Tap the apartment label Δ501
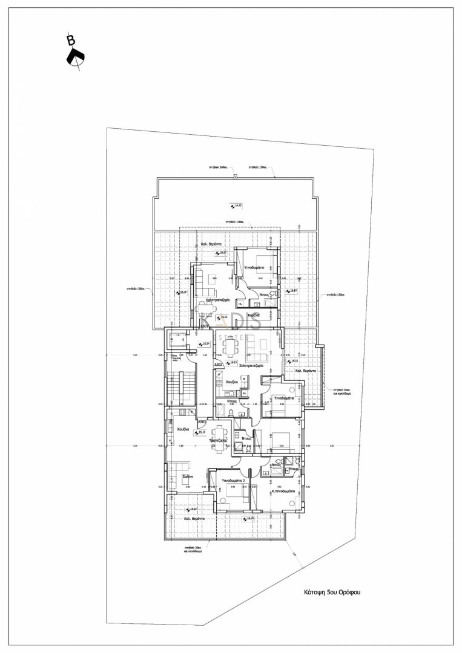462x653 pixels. click(x=205, y=326)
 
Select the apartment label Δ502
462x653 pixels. click(x=219, y=365)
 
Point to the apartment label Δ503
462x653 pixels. click(x=202, y=421)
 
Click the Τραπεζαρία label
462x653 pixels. click(x=217, y=441)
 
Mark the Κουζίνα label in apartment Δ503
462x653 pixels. click(x=185, y=429)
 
